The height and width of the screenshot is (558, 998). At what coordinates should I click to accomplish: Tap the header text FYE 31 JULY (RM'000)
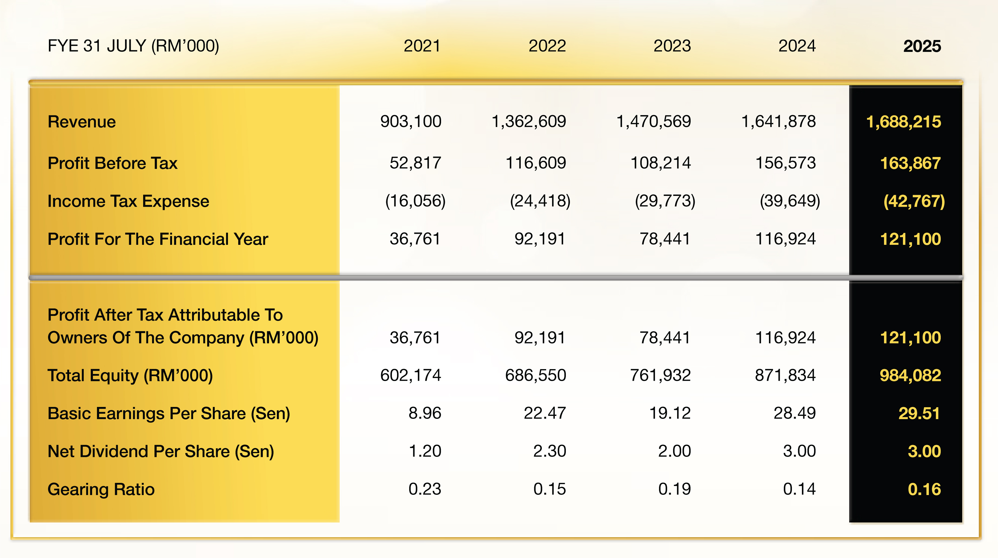133,46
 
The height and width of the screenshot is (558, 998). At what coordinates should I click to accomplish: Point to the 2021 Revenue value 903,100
411,122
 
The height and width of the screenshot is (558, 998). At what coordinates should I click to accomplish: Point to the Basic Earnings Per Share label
169,413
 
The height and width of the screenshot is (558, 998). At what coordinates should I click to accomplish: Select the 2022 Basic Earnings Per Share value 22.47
545,413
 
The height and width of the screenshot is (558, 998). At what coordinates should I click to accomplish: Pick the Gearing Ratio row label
101,489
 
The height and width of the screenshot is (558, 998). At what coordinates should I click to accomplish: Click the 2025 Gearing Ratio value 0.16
924,489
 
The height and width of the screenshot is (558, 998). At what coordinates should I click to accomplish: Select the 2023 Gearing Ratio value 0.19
674,489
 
